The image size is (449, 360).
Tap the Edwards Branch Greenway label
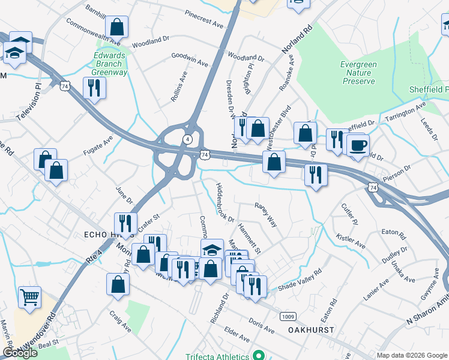[x=110, y=64]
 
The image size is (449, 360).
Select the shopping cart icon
[x=29, y=296]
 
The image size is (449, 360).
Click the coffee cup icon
[x=358, y=145]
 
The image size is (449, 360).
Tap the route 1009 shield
[x=288, y=316]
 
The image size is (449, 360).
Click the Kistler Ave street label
[x=351, y=241]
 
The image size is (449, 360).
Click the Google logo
[x=20, y=353]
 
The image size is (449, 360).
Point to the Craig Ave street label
[x=120, y=322]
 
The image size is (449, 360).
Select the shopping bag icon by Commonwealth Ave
[x=116, y=27]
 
